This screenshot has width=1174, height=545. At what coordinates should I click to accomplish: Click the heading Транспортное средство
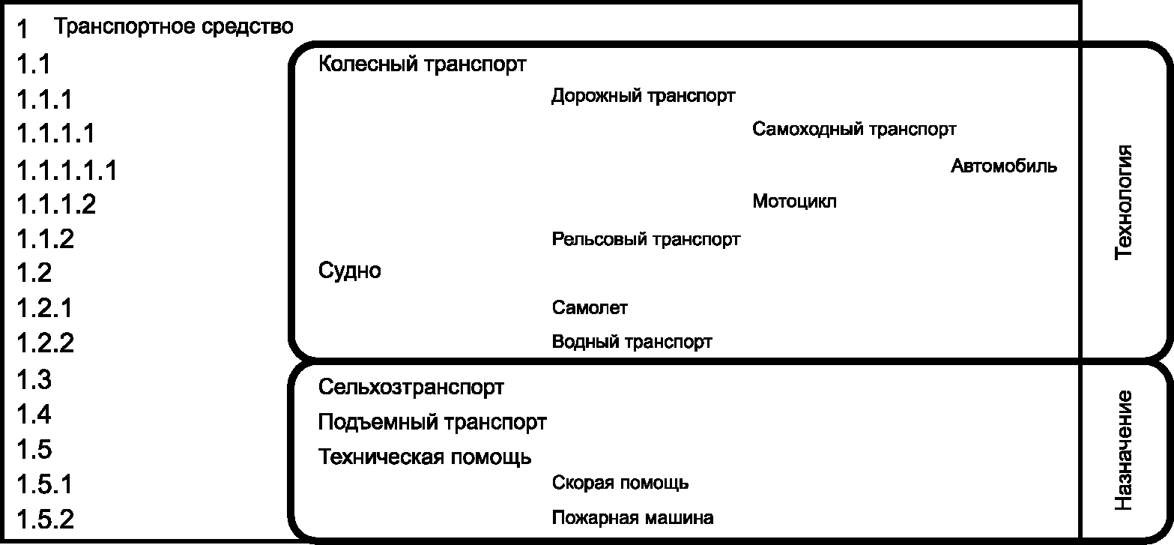(x=174, y=28)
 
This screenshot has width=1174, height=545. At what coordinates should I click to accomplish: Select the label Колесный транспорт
(x=422, y=64)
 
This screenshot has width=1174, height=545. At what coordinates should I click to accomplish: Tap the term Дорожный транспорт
(x=643, y=96)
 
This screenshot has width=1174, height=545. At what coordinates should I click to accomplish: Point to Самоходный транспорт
(x=854, y=129)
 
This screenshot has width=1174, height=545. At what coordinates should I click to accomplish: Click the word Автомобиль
(x=1004, y=166)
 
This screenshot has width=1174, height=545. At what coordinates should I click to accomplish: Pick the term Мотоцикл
(x=794, y=202)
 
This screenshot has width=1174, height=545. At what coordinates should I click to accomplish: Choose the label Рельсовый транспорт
(x=646, y=239)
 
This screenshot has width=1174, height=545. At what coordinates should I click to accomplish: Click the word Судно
(x=349, y=271)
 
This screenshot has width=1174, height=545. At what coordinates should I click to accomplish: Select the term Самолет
(x=590, y=307)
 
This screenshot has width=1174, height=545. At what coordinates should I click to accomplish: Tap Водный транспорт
(x=632, y=342)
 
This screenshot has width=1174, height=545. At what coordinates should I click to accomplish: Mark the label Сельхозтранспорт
(x=411, y=388)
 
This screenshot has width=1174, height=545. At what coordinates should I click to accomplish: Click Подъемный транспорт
(x=432, y=422)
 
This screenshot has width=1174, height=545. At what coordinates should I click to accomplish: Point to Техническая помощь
(x=425, y=457)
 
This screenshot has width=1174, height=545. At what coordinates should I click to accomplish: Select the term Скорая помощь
(x=620, y=483)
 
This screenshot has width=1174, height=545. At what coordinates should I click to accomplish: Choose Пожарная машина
(x=632, y=517)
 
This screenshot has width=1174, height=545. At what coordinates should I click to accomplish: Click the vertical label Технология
(x=1123, y=202)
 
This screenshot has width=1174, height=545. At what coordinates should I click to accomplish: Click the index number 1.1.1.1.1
(x=67, y=169)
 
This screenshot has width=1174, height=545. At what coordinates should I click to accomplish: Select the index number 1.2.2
(x=46, y=343)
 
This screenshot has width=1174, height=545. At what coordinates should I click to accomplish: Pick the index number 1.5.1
(x=45, y=484)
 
